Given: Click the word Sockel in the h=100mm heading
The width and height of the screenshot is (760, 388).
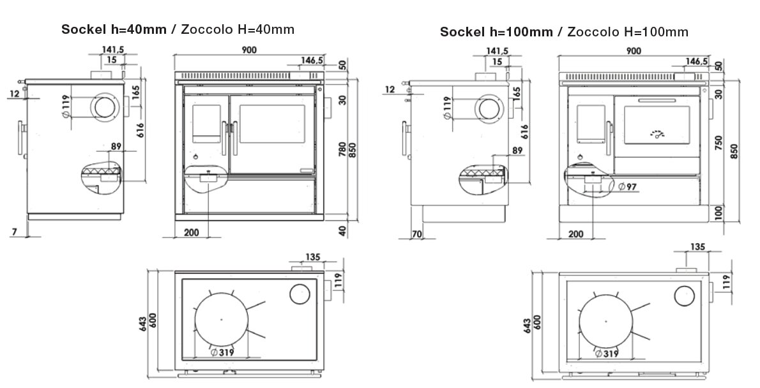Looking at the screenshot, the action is pyautogui.click(x=462, y=32).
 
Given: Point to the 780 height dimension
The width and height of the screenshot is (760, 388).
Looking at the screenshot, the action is pyautogui.click(x=343, y=149).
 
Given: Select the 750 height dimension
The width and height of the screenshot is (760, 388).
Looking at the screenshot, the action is pyautogui.click(x=718, y=144).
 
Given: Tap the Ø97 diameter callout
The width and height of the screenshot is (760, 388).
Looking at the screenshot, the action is pyautogui.click(x=628, y=186).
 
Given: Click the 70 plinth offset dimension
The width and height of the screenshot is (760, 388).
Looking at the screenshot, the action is pyautogui.click(x=417, y=234).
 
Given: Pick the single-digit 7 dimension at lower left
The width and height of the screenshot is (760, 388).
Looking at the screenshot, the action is pyautogui.click(x=15, y=232).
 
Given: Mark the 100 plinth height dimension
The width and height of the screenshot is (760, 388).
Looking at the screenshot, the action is pyautogui.click(x=718, y=212).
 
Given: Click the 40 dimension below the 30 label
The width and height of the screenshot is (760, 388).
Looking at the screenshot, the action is pyautogui.click(x=343, y=230).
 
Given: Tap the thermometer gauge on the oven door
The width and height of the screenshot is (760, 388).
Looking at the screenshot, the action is pyautogui.click(x=657, y=133).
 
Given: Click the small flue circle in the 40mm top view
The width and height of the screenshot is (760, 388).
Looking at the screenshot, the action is pyautogui.click(x=300, y=294).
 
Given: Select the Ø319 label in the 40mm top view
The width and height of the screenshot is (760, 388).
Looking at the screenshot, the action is pyautogui.click(x=223, y=352).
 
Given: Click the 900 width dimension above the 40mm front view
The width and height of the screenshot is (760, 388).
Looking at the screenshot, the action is pyautogui.click(x=248, y=50).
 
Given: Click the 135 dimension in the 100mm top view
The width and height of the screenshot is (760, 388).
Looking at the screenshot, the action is pyautogui.click(x=697, y=247).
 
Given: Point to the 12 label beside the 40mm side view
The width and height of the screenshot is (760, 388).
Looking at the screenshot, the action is pyautogui.click(x=15, y=93).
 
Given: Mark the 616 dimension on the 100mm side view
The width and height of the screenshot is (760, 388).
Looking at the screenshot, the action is pyautogui.click(x=524, y=131).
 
